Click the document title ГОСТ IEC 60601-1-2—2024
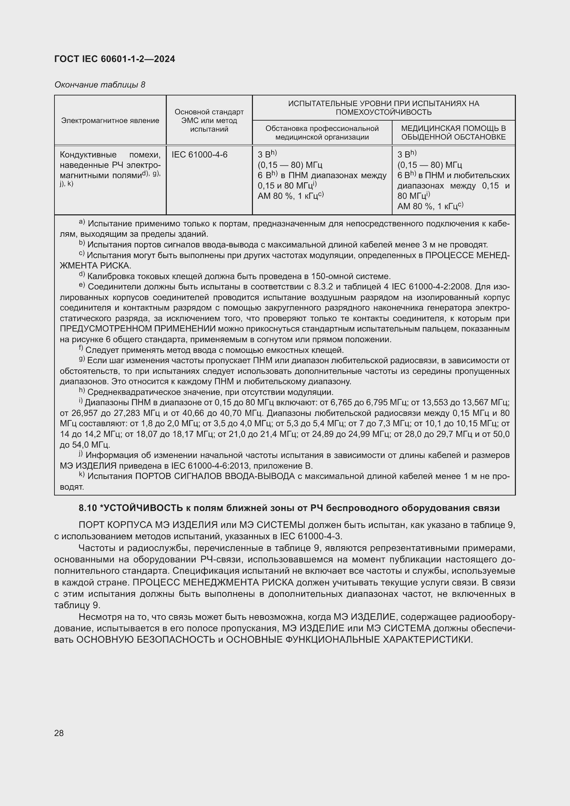[114, 59]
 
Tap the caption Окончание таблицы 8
[100, 85]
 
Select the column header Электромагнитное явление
[110, 120]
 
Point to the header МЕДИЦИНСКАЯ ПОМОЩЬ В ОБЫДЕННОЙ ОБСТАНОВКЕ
[453, 132]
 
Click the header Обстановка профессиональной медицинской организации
[322, 132]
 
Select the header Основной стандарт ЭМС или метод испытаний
[209, 120]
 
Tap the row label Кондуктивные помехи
[110, 154]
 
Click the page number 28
[59, 733]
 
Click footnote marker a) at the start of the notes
[82, 222]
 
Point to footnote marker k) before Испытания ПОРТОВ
[82, 475]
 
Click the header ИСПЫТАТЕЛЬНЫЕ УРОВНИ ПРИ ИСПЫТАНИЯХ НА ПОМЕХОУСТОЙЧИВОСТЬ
[383, 108]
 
